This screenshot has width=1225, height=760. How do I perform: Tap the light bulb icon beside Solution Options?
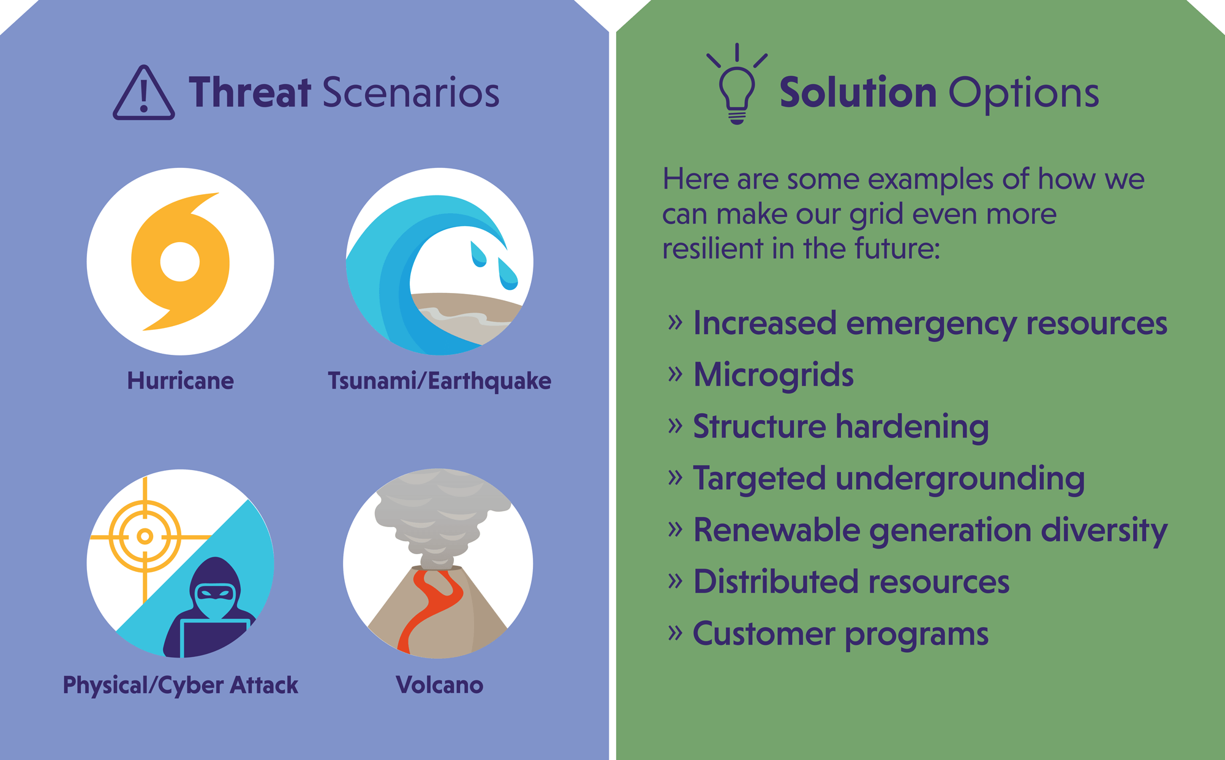(x=737, y=86)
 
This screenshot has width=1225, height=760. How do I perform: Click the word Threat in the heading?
(x=251, y=93)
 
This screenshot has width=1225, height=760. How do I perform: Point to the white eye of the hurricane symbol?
(x=180, y=262)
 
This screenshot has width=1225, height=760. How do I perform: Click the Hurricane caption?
(x=181, y=381)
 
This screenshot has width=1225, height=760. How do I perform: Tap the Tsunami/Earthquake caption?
(x=440, y=381)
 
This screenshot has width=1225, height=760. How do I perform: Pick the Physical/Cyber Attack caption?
(x=181, y=685)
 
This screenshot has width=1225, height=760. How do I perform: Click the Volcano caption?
(x=440, y=685)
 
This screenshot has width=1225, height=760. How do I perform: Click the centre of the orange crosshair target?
(x=145, y=537)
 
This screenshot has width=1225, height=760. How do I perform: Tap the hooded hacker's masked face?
(x=214, y=598)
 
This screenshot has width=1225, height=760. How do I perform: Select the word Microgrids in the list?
(x=774, y=375)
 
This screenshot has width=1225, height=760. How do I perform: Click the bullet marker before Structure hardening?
(x=675, y=425)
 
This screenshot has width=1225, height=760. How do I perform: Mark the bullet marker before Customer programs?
(x=675, y=632)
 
